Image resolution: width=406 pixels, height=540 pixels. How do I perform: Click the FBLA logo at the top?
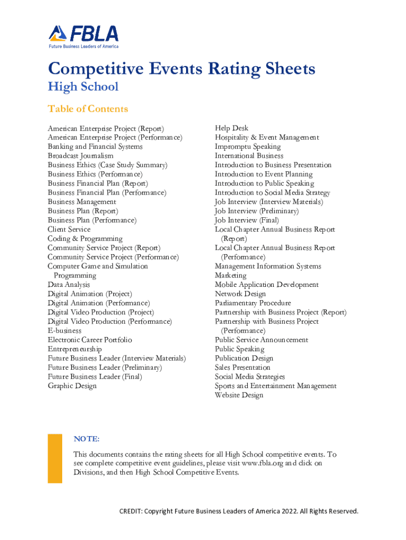coord(83,36)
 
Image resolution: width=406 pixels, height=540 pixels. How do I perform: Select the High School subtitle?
coord(83,86)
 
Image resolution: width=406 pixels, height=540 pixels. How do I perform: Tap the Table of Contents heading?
coord(88,109)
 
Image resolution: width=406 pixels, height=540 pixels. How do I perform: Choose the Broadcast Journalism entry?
coord(80,156)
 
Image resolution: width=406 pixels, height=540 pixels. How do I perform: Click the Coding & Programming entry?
coord(85,239)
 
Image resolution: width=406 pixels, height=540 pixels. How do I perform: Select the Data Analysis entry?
coord(69,285)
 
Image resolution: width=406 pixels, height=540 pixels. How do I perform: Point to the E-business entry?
coord(64,331)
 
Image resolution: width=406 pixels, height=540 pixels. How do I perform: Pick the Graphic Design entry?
coord(72,386)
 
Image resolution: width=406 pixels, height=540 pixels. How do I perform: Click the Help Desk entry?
coord(231,128)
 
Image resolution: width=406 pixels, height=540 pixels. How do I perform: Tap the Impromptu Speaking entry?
coord(247,147)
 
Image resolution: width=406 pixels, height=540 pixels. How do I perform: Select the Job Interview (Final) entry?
coord(246,220)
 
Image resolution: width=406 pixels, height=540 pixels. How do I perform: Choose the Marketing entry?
coord(230,276)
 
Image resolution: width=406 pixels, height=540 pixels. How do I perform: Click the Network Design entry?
coord(240,294)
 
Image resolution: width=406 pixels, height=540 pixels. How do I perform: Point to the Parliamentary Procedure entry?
coord(253,303)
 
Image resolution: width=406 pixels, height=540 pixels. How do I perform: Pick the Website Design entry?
coord(239,396)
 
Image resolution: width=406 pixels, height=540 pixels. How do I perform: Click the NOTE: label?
coord(86,439)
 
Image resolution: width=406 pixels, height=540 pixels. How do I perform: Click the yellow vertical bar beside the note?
coord(55,458)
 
